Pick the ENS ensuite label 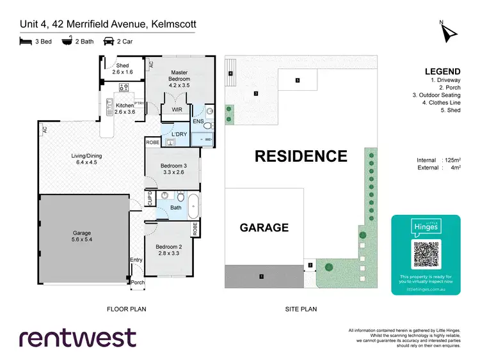click(x=198, y=121)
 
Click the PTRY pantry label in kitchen click(x=138, y=103)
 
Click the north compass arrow click(x=447, y=31)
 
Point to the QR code click(x=426, y=254)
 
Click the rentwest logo click(x=77, y=337)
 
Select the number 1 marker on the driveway click(x=261, y=277)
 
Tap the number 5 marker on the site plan click(x=298, y=81)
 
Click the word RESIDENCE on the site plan click(x=301, y=156)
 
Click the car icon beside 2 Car click(x=109, y=42)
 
